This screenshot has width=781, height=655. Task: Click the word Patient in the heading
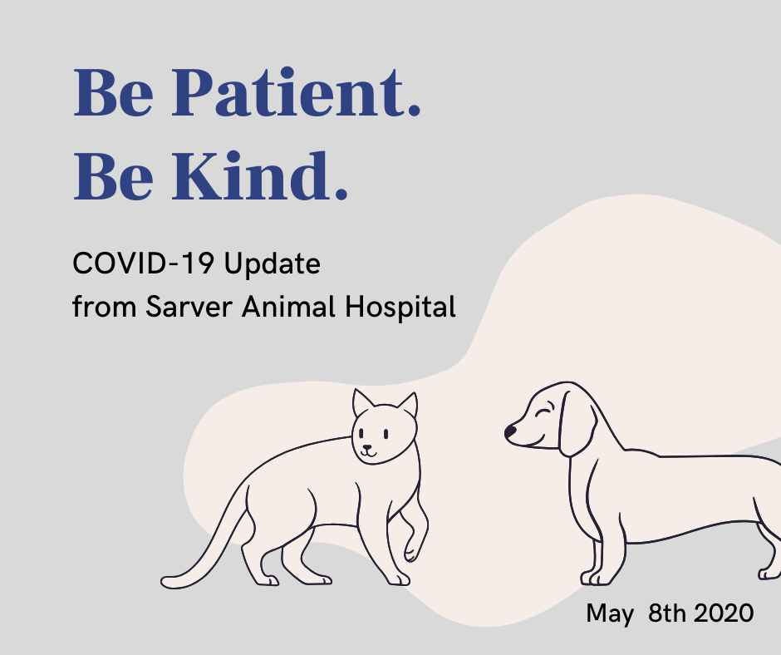(x=297, y=93)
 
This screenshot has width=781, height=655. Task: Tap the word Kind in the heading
(x=259, y=175)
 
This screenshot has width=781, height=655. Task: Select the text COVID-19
(x=144, y=263)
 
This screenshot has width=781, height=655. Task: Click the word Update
(x=272, y=263)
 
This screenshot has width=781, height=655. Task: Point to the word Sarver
(x=189, y=306)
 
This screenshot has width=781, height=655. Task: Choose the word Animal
(x=288, y=306)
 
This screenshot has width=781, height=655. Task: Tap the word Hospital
(x=400, y=307)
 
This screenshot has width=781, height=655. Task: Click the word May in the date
(x=610, y=613)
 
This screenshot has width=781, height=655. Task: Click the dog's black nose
(x=510, y=431)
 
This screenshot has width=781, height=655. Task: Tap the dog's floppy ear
(x=577, y=424)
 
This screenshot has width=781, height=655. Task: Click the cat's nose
(x=367, y=447)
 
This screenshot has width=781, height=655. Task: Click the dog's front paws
(x=596, y=579)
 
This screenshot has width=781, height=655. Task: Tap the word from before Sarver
(x=104, y=306)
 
